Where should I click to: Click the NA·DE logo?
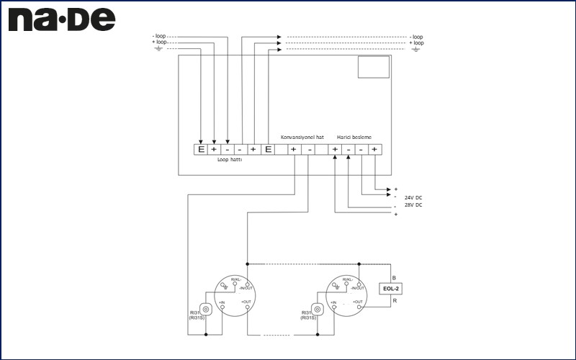click(x=61, y=19)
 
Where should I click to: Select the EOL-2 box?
click(x=392, y=289)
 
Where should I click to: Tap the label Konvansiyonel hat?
click(x=302, y=137)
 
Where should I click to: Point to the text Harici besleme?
click(x=354, y=137)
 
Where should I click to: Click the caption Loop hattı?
click(x=230, y=160)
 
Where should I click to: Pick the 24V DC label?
click(x=413, y=197)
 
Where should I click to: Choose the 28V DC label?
click(x=413, y=205)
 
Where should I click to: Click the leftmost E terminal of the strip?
click(x=202, y=150)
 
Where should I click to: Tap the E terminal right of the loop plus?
click(x=268, y=150)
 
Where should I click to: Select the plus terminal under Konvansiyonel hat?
click(x=294, y=150)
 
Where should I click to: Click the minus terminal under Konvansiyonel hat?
click(x=309, y=150)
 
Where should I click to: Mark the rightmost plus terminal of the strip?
click(x=374, y=150)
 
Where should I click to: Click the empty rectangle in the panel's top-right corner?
click(x=374, y=67)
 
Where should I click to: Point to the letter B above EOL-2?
click(x=394, y=277)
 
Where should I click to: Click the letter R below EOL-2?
click(x=394, y=301)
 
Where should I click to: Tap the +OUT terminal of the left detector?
click(x=246, y=307)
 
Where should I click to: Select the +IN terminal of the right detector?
click(x=333, y=307)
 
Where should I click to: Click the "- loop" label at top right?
click(x=415, y=37)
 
